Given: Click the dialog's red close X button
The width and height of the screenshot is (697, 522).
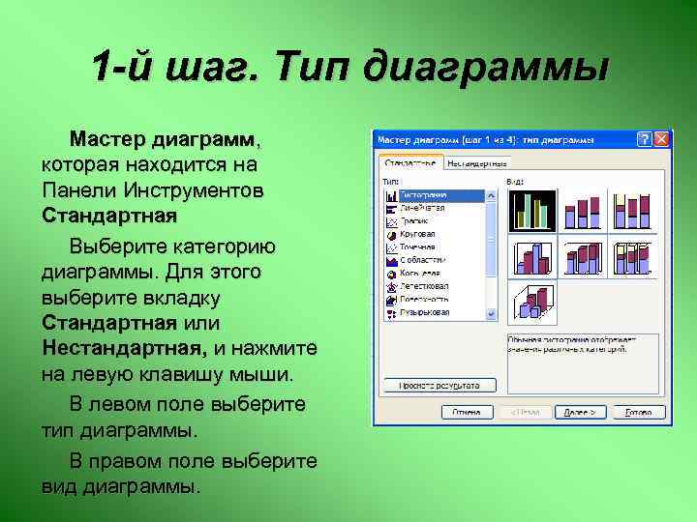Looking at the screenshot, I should point(661,140).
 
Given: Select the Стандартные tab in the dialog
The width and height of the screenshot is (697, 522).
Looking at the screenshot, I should point(412,161).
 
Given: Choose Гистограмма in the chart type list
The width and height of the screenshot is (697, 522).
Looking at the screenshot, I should point(432,194).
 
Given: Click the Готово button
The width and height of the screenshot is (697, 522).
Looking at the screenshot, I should point(638,411).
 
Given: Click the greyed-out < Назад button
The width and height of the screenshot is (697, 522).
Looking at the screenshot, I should point(526,411).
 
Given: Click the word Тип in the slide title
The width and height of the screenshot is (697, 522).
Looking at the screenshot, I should point(309,69).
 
